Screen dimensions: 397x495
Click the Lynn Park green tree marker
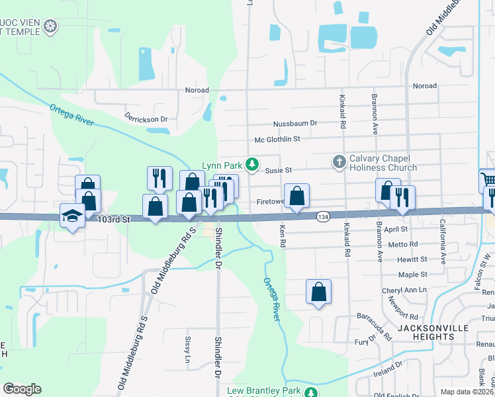tap(251, 164)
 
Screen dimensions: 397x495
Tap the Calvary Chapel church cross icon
tap(339, 161)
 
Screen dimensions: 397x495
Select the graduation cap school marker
tap(72, 215)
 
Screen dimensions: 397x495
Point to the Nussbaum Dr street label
tap(296, 123)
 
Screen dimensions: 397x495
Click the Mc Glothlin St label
tap(277, 139)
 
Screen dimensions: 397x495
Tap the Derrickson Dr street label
tap(146, 116)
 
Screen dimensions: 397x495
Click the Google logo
tap(22, 389)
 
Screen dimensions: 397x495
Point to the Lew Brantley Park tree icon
tap(310, 392)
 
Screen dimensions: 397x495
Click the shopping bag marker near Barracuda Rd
tap(318, 291)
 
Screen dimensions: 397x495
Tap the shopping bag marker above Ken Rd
tap(296, 195)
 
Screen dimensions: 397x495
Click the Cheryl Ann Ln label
tap(404, 290)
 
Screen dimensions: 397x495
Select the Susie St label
tap(279, 170)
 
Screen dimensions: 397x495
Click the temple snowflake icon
tap(50, 27)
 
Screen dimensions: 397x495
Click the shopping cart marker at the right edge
tap(488, 180)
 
